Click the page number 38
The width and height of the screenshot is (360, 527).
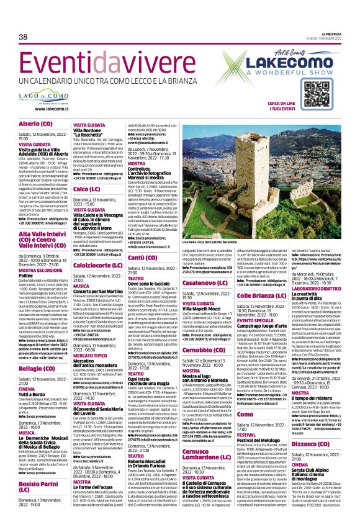click(24, 37)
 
